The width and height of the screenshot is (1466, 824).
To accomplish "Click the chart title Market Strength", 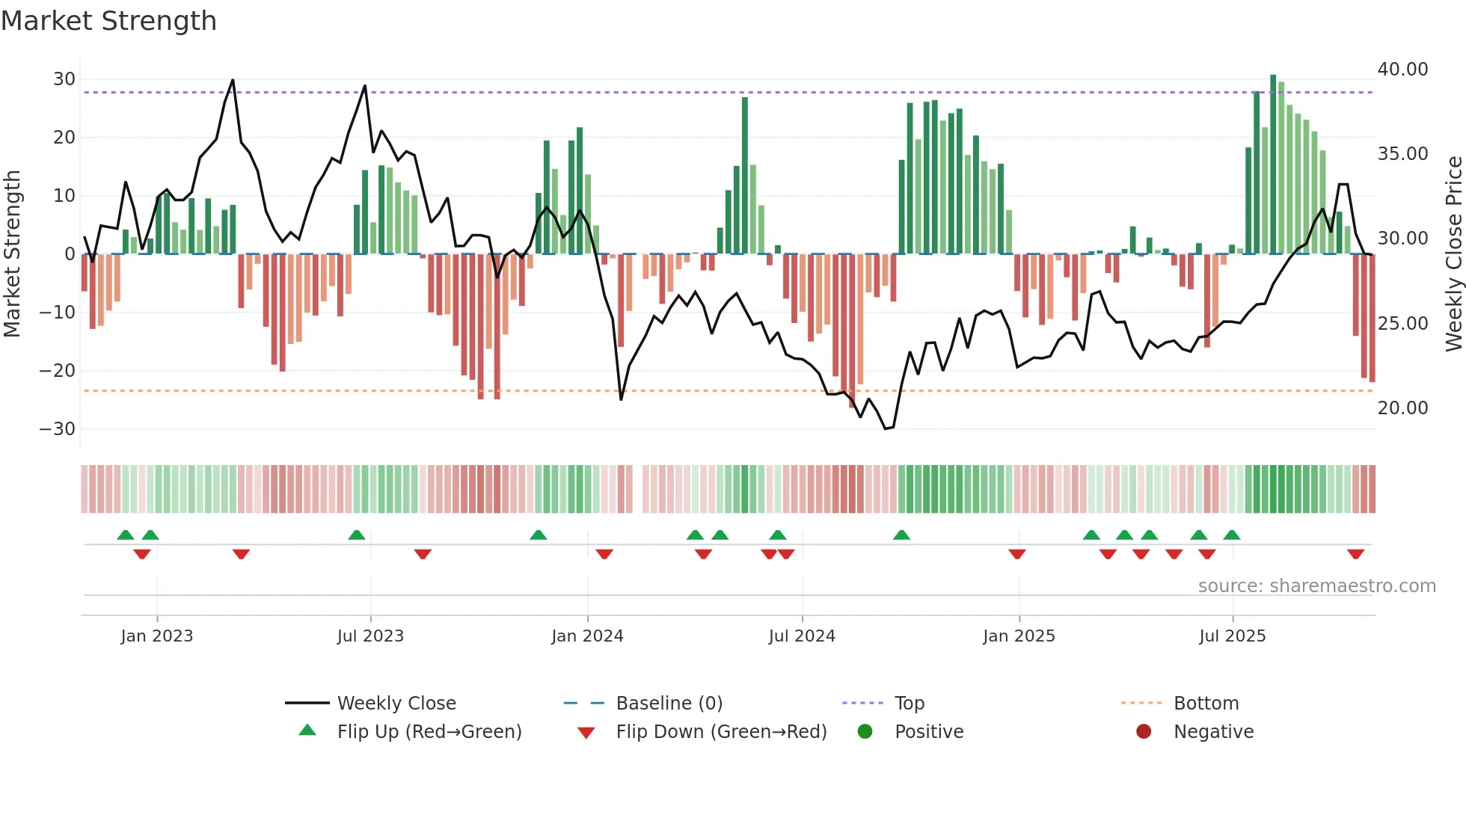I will coord(108,21).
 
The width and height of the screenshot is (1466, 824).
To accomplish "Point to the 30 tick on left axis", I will coord(64,79).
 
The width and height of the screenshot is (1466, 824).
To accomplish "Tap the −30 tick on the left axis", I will coord(58,429).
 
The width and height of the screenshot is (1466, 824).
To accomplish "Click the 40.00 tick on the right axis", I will coord(1402,70).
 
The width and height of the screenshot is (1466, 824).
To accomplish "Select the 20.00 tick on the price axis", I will coord(1402,408).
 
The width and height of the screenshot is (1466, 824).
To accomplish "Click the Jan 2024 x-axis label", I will coord(587,636).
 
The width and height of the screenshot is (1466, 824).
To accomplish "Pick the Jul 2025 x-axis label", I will coord(1232,636).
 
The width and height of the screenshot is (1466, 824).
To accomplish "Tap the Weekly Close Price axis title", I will coord(1453,254).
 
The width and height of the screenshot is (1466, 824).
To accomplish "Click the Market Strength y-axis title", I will coord(13,254).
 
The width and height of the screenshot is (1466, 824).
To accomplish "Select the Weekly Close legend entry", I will coord(396,704).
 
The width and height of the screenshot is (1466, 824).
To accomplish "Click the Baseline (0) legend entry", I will coord(669,704).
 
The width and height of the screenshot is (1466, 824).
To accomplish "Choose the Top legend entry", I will coord(910,704).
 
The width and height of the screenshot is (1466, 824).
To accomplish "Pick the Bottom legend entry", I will coord(1206,704).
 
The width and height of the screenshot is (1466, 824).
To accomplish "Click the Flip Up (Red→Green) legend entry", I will coord(429,732).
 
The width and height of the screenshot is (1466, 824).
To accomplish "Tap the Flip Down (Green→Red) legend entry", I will coord(721,732).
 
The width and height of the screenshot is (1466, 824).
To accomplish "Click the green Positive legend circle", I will coord(865,732).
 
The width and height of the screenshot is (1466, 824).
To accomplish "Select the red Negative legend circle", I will coord(1144,732).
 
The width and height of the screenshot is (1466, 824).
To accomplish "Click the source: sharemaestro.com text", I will coord(1316,586).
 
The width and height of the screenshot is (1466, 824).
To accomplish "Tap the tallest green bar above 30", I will coord(1273,165).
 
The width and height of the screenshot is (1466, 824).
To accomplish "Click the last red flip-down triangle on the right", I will coord(1355,554).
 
